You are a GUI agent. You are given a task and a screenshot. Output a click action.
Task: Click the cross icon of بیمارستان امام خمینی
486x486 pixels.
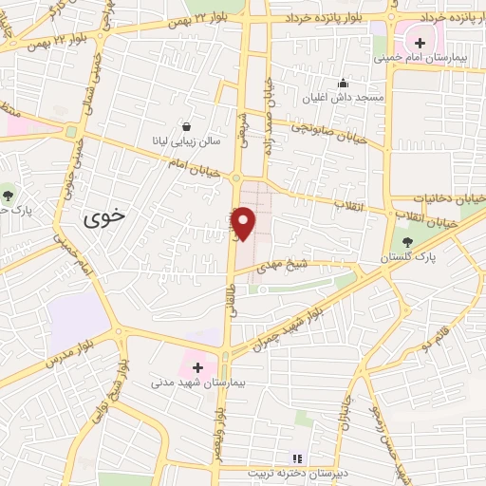pyautogui.click(x=420, y=43)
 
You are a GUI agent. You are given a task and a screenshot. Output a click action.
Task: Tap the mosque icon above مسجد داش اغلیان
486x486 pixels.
pyautogui.click(x=343, y=83)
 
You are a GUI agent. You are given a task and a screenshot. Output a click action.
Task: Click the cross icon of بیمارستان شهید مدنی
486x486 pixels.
pyautogui.click(x=197, y=366)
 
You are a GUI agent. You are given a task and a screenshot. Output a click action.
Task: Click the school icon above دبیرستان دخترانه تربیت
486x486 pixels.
pyautogui.click(x=295, y=458)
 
